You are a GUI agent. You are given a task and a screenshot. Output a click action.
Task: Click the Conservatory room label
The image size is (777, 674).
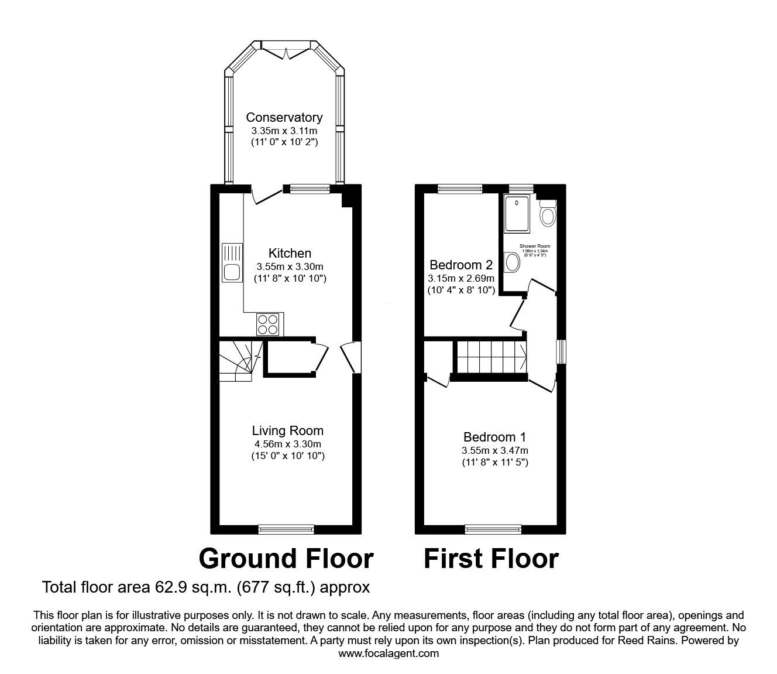pyautogui.click(x=284, y=117)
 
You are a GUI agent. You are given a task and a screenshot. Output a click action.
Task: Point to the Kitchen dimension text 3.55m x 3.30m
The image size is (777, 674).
pyautogui.click(x=290, y=266)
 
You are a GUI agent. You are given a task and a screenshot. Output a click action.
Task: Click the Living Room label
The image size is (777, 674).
pyautogui.click(x=287, y=431)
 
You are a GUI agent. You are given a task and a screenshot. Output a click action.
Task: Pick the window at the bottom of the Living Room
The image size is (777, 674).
pyautogui.click(x=287, y=529)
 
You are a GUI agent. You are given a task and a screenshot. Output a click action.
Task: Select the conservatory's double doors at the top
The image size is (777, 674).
pyautogui.click(x=286, y=52)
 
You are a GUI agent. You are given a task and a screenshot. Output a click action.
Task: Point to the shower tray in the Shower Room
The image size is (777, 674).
pyautogui.click(x=517, y=213)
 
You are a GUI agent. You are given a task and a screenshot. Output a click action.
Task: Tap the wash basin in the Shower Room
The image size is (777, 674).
pyautogui.click(x=512, y=262)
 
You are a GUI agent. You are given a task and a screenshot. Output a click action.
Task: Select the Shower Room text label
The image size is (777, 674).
pyautogui.click(x=535, y=247)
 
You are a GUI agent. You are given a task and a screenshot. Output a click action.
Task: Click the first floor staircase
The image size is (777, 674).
pyautogui.click(x=490, y=357)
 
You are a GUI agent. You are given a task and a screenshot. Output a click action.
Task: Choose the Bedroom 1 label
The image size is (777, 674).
pyautogui.click(x=494, y=437)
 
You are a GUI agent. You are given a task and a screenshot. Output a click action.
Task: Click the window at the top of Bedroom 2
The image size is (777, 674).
pyautogui.click(x=460, y=189)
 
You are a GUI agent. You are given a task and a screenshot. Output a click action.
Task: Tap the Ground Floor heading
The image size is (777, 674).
pyautogui.click(x=286, y=559)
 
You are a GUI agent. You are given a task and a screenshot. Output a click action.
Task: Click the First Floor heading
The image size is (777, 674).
pyautogui.click(x=491, y=559)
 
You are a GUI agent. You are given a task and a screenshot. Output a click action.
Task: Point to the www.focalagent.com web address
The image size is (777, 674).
pyautogui.click(x=388, y=653)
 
